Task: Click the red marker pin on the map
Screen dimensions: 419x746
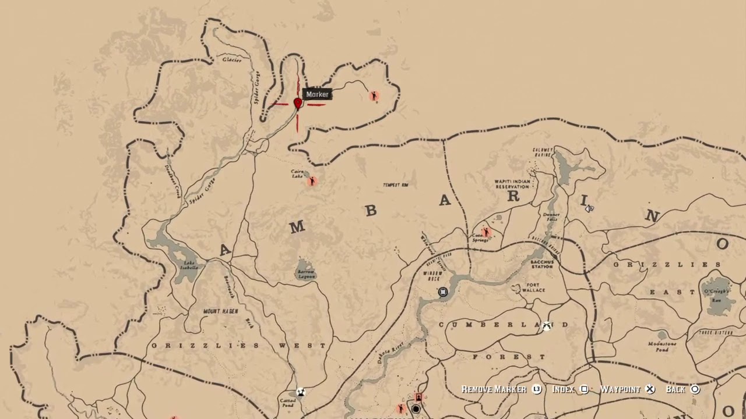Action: (x=298, y=103)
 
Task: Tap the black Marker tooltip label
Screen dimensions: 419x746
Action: (x=318, y=94)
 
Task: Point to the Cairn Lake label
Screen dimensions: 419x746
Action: (x=297, y=174)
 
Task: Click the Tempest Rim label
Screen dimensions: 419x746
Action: (x=395, y=185)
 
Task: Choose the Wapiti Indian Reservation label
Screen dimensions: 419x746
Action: (x=512, y=184)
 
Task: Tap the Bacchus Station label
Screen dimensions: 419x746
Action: (x=541, y=264)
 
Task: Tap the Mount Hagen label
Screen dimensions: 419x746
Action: (x=221, y=312)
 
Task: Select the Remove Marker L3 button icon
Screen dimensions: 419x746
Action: (x=537, y=389)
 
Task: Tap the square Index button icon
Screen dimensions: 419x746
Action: (x=585, y=389)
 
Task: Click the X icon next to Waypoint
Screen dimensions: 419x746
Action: (x=650, y=389)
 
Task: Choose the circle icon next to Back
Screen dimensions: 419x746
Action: (x=695, y=389)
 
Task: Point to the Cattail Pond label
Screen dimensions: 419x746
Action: (x=288, y=403)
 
